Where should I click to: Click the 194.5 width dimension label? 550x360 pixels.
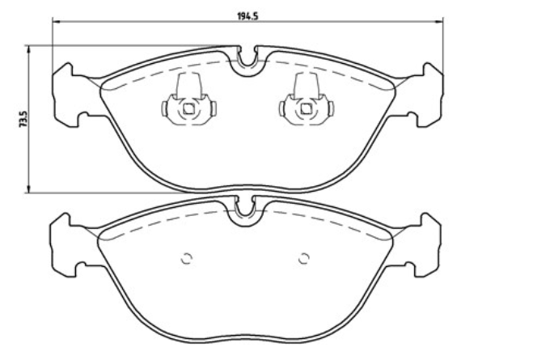coord(247,16)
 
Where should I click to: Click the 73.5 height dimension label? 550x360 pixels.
coord(23,119)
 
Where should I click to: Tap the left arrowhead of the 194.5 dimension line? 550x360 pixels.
coord(56,22)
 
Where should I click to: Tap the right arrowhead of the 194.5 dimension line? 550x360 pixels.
coord(439,22)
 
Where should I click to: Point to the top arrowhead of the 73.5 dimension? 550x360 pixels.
coord(29,50)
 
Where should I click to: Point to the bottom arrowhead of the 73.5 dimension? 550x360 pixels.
coord(29,188)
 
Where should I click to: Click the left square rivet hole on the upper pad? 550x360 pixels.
coord(188,109)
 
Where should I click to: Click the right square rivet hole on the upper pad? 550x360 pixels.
coord(307,109)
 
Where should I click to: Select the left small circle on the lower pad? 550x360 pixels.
coord(187,259)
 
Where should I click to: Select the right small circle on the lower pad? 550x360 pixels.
coord(304,259)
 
